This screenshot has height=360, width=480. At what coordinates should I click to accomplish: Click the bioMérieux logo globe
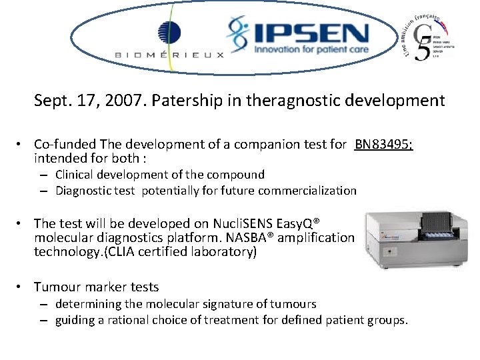click(169, 32)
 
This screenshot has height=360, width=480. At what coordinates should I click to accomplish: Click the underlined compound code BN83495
click(383, 143)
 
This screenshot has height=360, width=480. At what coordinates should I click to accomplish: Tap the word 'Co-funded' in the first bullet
click(65, 143)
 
